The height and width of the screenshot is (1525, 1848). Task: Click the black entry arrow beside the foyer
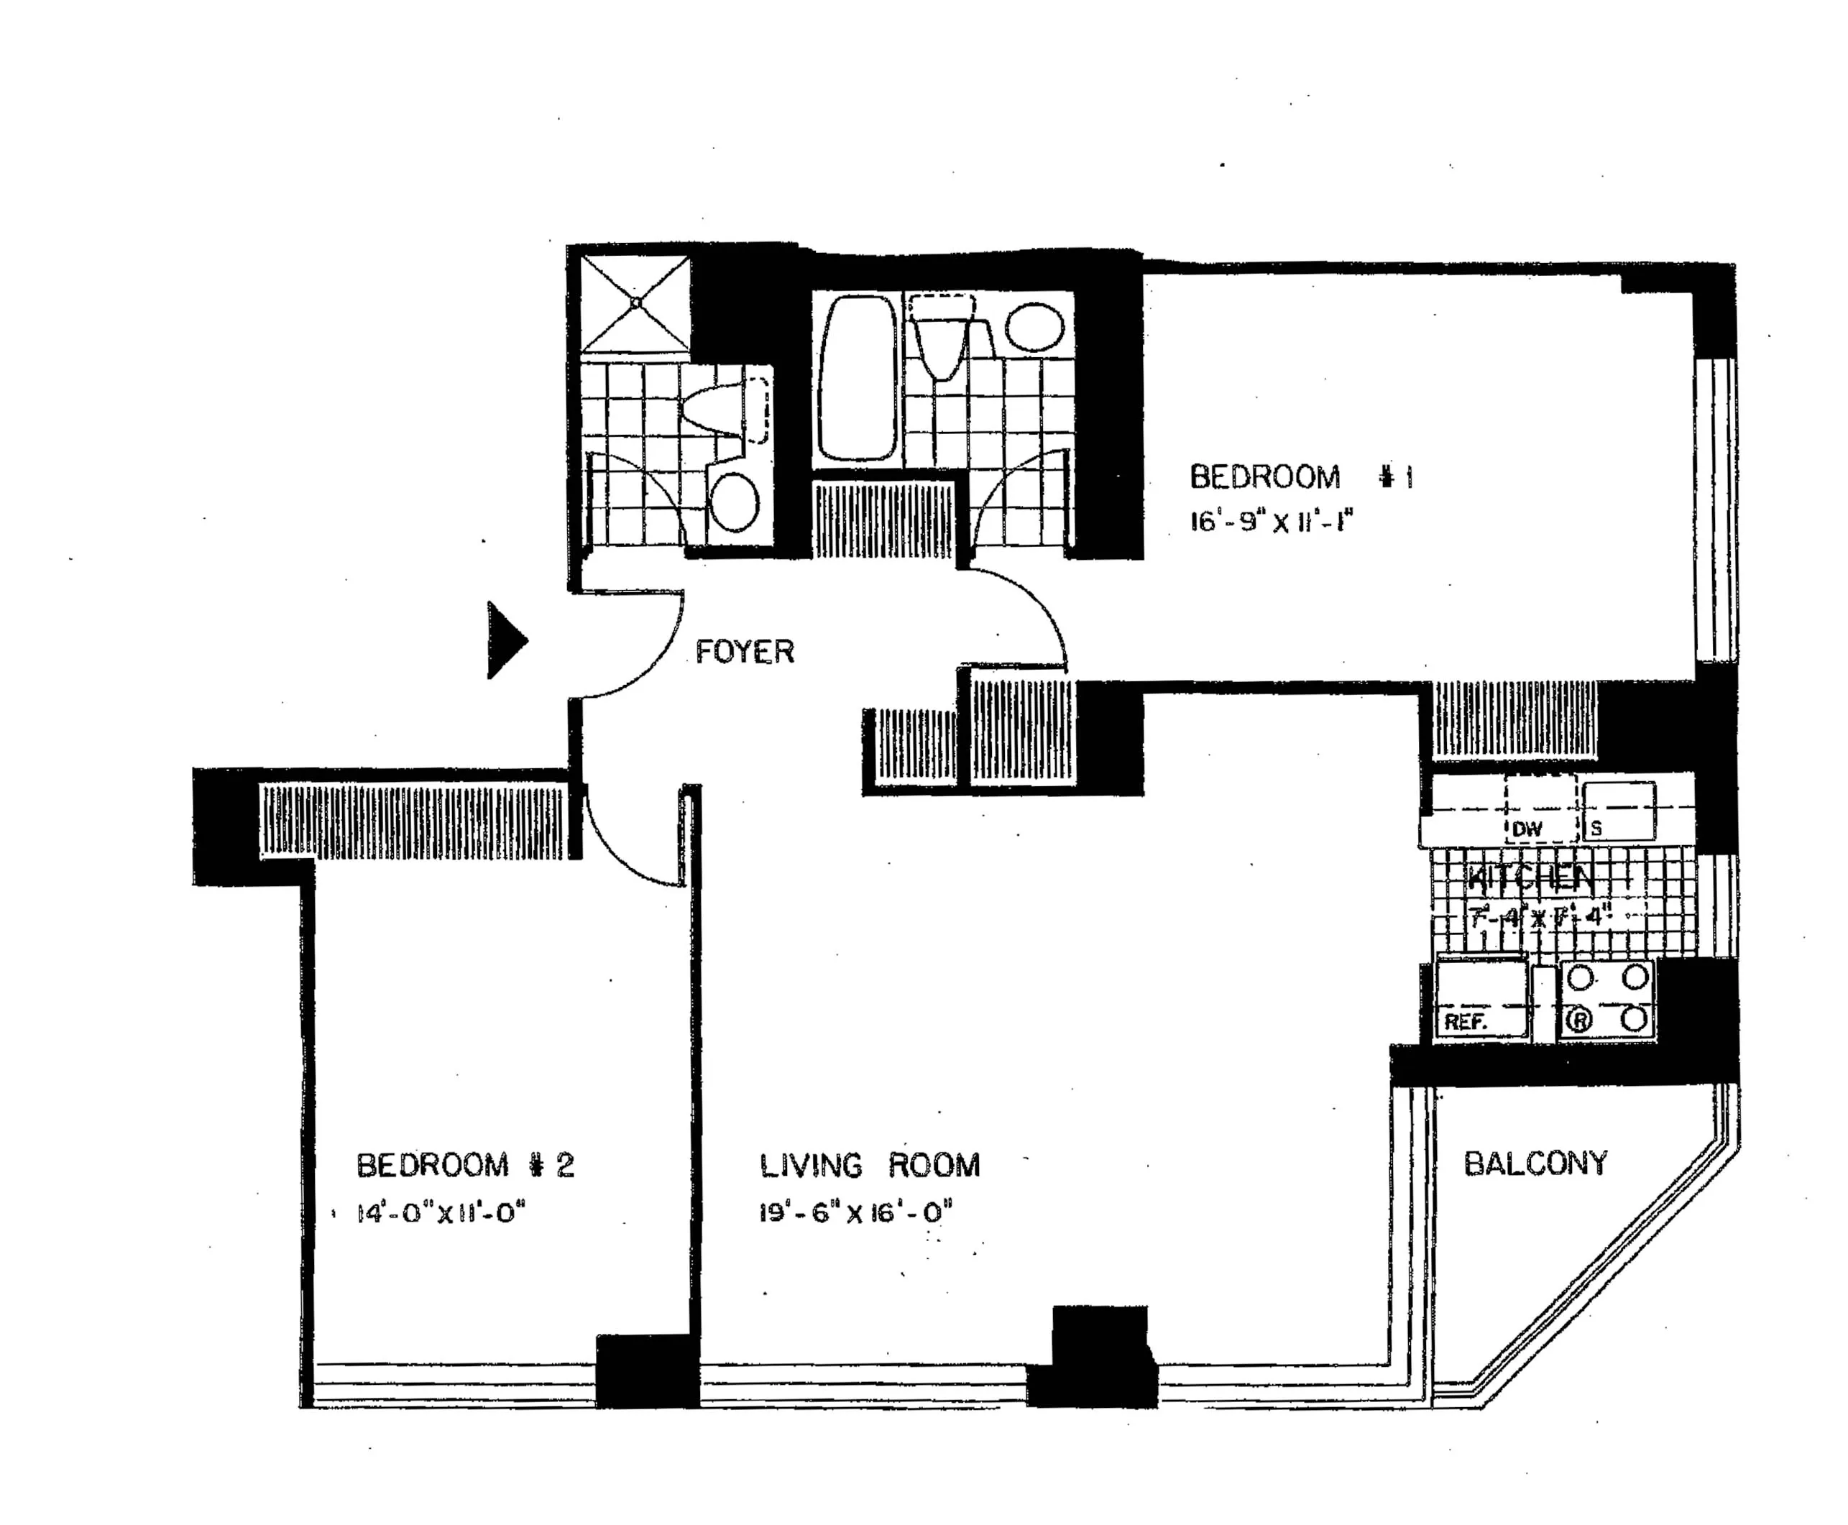point(505,640)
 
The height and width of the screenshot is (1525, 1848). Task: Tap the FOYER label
point(744,652)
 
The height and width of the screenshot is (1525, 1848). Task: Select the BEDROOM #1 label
point(1300,478)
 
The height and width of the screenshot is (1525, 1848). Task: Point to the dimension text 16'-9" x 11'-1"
point(1271,522)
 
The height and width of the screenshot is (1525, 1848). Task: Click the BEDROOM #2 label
point(465,1165)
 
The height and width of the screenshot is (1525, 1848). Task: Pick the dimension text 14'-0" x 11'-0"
point(440,1213)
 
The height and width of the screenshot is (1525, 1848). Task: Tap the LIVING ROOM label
point(869,1165)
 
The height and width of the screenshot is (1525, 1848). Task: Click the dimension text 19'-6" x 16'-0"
point(856,1213)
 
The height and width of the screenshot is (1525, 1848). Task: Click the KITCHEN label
point(1530,877)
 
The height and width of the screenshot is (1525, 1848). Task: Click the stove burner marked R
point(1579,1020)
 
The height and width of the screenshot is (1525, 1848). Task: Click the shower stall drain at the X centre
point(635,303)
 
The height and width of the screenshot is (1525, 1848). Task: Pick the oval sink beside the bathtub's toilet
point(1034,327)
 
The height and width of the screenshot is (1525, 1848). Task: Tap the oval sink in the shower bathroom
point(734,502)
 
